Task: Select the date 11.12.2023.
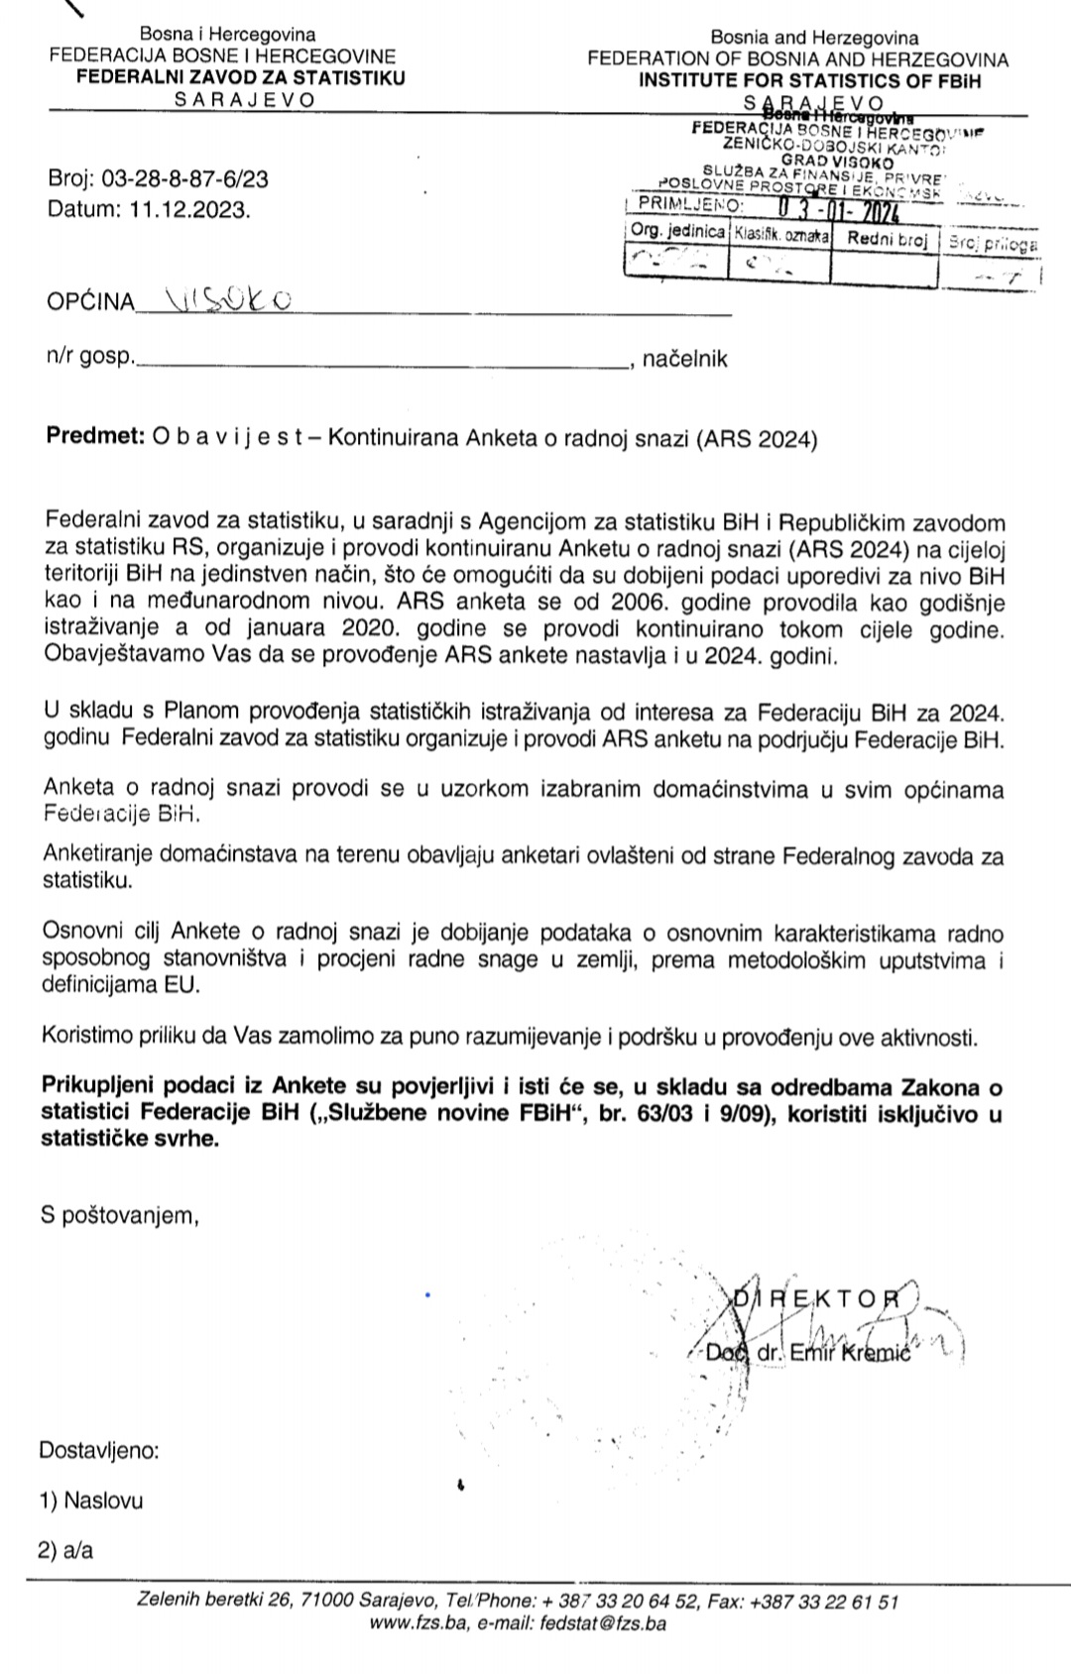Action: coord(189,210)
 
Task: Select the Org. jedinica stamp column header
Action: coord(678,231)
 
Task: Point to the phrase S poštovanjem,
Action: coord(120,1215)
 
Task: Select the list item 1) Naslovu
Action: coord(91,1500)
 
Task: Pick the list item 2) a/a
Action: coord(66,1550)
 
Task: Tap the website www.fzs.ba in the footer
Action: coord(416,1623)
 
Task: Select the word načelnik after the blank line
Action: coord(685,359)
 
